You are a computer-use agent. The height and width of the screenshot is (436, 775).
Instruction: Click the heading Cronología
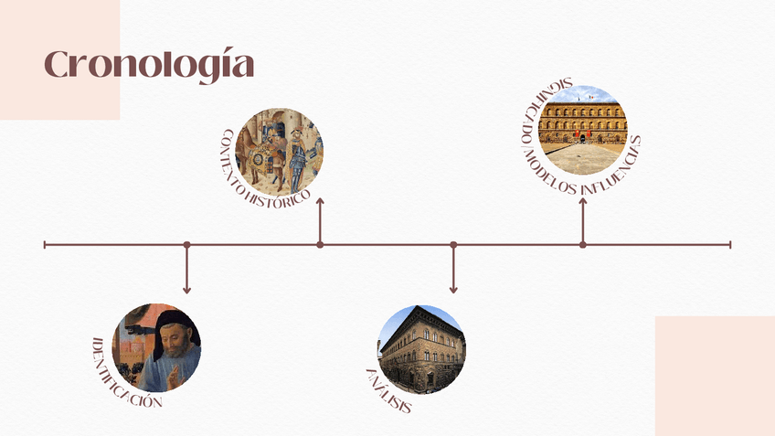pos(149,65)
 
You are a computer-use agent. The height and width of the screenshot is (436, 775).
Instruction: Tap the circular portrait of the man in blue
pos(156,348)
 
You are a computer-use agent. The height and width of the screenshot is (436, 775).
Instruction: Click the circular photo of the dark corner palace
pos(420,349)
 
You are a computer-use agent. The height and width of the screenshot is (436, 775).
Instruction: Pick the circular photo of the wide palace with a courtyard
pos(583,130)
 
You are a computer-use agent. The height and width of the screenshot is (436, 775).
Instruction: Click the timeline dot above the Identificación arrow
pos(186,245)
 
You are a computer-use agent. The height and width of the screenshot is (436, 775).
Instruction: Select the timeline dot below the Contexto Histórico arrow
pos(320,245)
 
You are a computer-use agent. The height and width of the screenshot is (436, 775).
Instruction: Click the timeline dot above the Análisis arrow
pos(453,245)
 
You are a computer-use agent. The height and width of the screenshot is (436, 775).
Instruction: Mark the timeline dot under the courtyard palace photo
pos(583,245)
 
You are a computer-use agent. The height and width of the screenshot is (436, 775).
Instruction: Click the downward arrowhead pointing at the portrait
pos(186,290)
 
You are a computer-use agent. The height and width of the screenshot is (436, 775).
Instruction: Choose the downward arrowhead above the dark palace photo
pos(453,290)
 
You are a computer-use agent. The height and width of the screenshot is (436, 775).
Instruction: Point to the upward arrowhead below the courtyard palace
pos(583,200)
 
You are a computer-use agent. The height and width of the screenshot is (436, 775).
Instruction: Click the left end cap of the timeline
pos(45,245)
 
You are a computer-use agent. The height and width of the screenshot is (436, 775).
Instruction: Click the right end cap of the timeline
pos(730,245)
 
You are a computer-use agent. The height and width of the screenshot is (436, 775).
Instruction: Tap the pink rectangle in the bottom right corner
pos(715,376)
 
